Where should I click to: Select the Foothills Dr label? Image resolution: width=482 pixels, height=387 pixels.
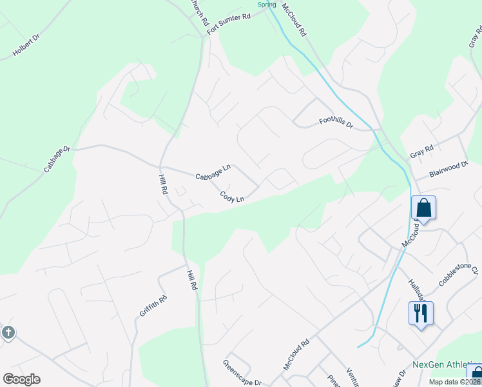(336, 122)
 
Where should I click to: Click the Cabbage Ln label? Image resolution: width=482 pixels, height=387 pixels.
(212, 173)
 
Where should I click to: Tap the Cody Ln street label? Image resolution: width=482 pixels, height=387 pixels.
(231, 197)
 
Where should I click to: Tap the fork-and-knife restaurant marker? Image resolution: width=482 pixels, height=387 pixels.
(421, 313)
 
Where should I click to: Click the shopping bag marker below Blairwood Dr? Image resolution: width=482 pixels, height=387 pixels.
(423, 208)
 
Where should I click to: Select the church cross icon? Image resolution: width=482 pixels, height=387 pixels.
(8, 333)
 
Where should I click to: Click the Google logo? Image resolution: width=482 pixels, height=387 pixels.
(21, 379)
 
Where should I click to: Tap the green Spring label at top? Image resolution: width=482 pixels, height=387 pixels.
(267, 4)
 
